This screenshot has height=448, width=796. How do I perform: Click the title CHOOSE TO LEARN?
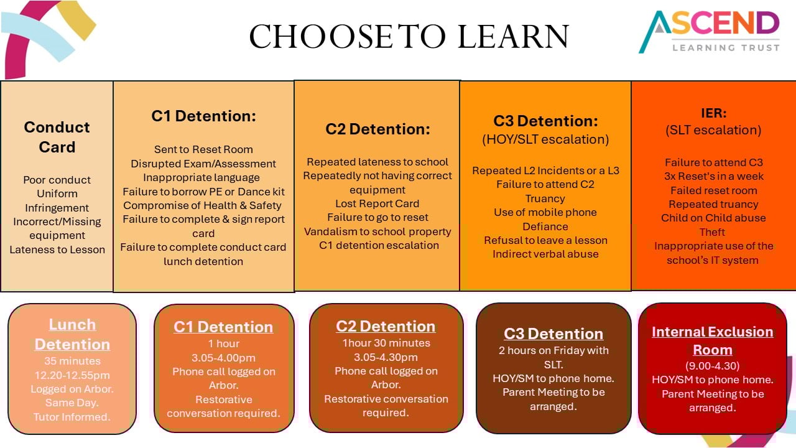pos(409,36)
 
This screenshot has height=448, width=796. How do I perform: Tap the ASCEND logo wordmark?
pos(711,31)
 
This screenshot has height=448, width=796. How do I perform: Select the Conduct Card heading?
pos(57,137)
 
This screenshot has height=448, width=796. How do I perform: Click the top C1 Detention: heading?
pos(203,116)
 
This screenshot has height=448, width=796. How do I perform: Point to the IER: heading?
pos(713,113)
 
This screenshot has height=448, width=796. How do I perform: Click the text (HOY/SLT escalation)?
pos(545,139)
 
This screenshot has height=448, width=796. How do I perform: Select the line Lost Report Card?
pos(377,203)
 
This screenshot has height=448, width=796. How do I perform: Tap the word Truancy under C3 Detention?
pos(545,198)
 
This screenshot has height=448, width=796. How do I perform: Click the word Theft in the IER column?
pos(712,232)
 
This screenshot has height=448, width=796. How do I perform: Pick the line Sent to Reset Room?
pos(203,149)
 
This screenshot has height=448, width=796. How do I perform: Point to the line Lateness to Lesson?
pos(57,250)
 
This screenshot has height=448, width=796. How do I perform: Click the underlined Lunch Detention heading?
pos(72,335)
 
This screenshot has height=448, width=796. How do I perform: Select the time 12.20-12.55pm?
pos(72,375)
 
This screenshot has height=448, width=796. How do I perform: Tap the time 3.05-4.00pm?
pos(223,358)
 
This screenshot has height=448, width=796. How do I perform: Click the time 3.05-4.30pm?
pos(386,357)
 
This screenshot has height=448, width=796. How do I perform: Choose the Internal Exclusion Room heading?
pos(713,340)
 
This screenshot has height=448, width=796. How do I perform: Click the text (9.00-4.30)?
pos(713,366)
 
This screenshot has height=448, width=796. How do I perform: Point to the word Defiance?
pos(545,226)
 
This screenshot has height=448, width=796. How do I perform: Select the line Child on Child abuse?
pos(713,218)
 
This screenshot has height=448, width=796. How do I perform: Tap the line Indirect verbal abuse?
pos(545,254)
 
